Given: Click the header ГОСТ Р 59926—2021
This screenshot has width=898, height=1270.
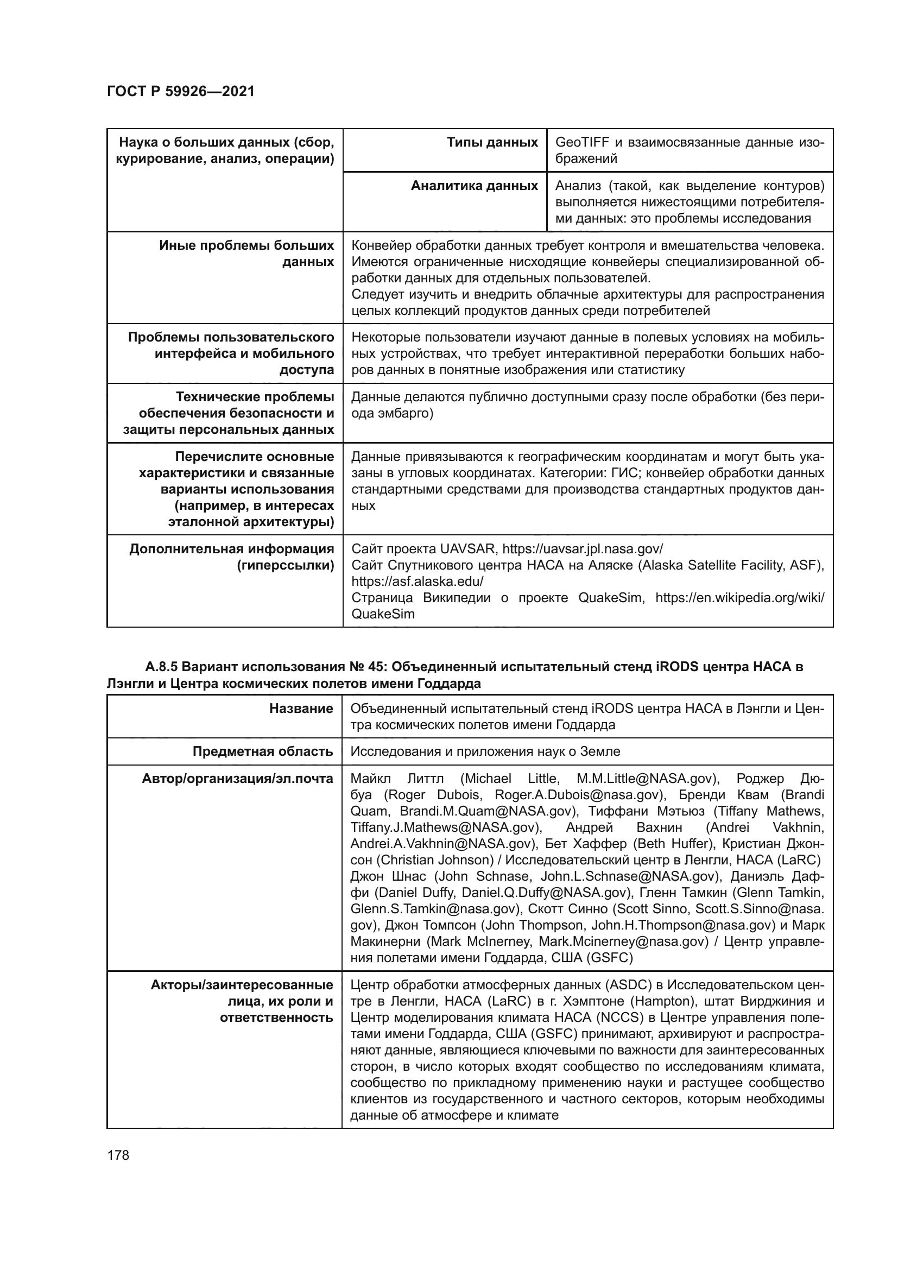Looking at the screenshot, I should [x=181, y=92].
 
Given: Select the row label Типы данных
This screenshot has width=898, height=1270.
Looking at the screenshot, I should [x=492, y=143].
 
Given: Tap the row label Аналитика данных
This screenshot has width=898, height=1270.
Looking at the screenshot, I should [x=474, y=186].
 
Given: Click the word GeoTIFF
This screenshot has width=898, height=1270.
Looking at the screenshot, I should [x=581, y=143].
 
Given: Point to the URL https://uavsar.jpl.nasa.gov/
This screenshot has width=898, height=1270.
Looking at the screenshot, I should [x=582, y=549].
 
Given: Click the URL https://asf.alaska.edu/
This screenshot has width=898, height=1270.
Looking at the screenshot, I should [x=418, y=582].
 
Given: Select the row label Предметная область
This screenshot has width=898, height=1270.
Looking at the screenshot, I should [x=263, y=751].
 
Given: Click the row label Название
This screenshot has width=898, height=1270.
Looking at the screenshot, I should [x=301, y=709].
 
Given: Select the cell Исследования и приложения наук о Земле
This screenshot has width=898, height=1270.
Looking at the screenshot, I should [x=485, y=751].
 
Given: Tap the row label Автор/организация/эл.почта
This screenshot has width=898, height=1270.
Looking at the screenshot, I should [x=237, y=779].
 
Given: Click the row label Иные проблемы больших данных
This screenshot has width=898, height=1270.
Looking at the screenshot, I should [x=246, y=254].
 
